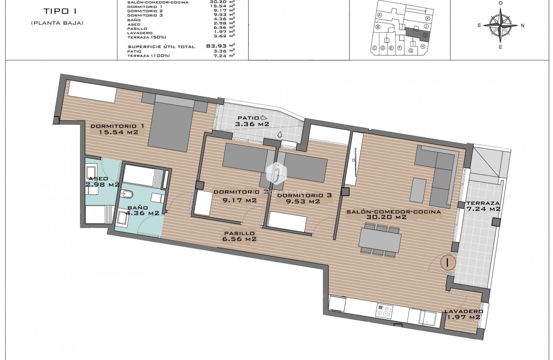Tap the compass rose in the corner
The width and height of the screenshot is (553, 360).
(500, 26)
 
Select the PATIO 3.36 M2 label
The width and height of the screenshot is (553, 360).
(252, 121)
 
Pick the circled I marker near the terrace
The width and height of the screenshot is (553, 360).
(448, 263)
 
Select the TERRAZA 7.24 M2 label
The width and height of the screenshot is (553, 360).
(483, 205)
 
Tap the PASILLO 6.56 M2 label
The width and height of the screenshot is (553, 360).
(239, 236)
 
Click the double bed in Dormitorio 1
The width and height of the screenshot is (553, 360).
(171, 125)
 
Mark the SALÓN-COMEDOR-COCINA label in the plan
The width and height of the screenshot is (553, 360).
(393, 214)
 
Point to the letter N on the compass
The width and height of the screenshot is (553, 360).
(522, 26)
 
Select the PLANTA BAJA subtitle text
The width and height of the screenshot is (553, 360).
(57, 23)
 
